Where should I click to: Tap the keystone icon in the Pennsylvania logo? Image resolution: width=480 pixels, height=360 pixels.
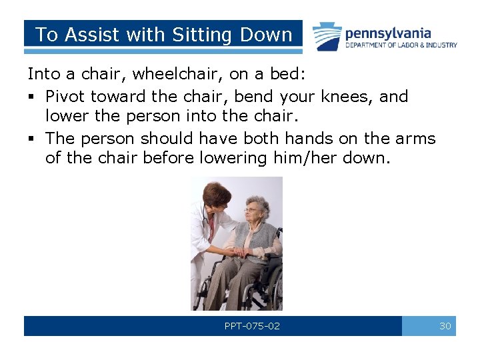[328, 36]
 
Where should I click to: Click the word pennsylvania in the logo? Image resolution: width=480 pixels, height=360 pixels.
[387, 33]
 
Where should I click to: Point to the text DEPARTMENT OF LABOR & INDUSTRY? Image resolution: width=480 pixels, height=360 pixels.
[401, 45]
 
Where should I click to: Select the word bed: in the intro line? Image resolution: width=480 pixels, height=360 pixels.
[289, 75]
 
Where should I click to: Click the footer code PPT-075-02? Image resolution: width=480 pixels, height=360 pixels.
[252, 326]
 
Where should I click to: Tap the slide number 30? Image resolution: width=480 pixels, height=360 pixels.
[445, 326]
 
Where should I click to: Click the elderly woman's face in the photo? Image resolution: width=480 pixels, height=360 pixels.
[255, 209]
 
